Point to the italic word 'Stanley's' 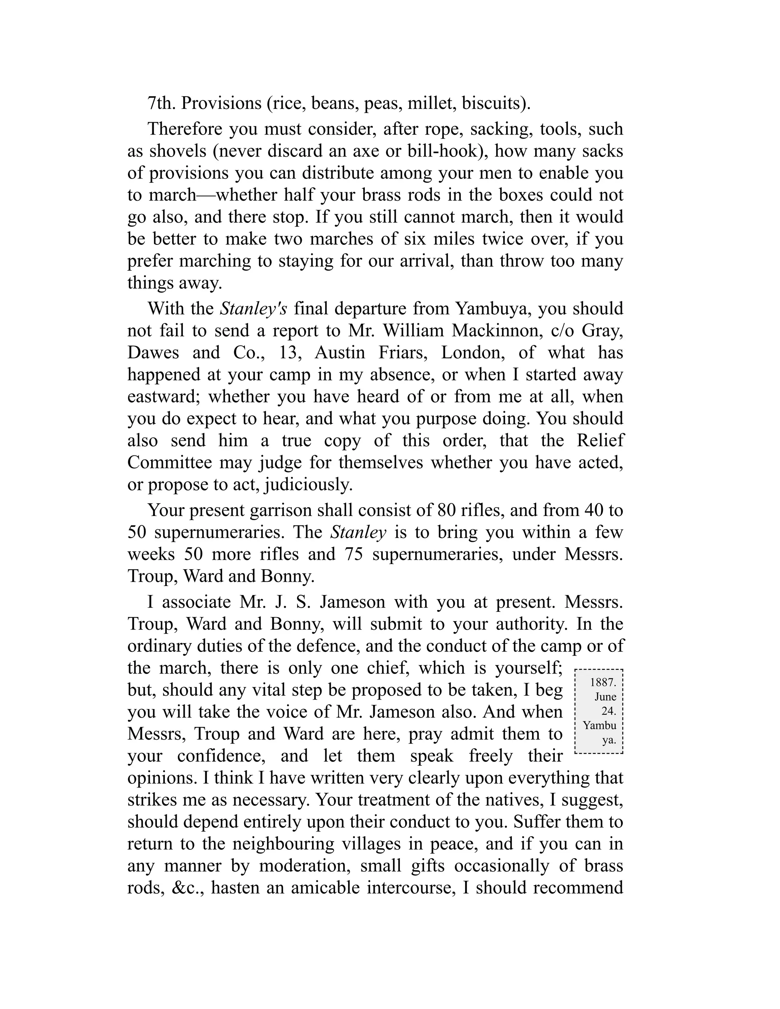tap(253, 309)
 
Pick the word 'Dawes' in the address tap(153, 353)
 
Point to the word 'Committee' tap(169, 463)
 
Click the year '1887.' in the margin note tap(603, 682)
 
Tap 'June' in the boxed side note tap(605, 697)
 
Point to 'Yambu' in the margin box tap(599, 725)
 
